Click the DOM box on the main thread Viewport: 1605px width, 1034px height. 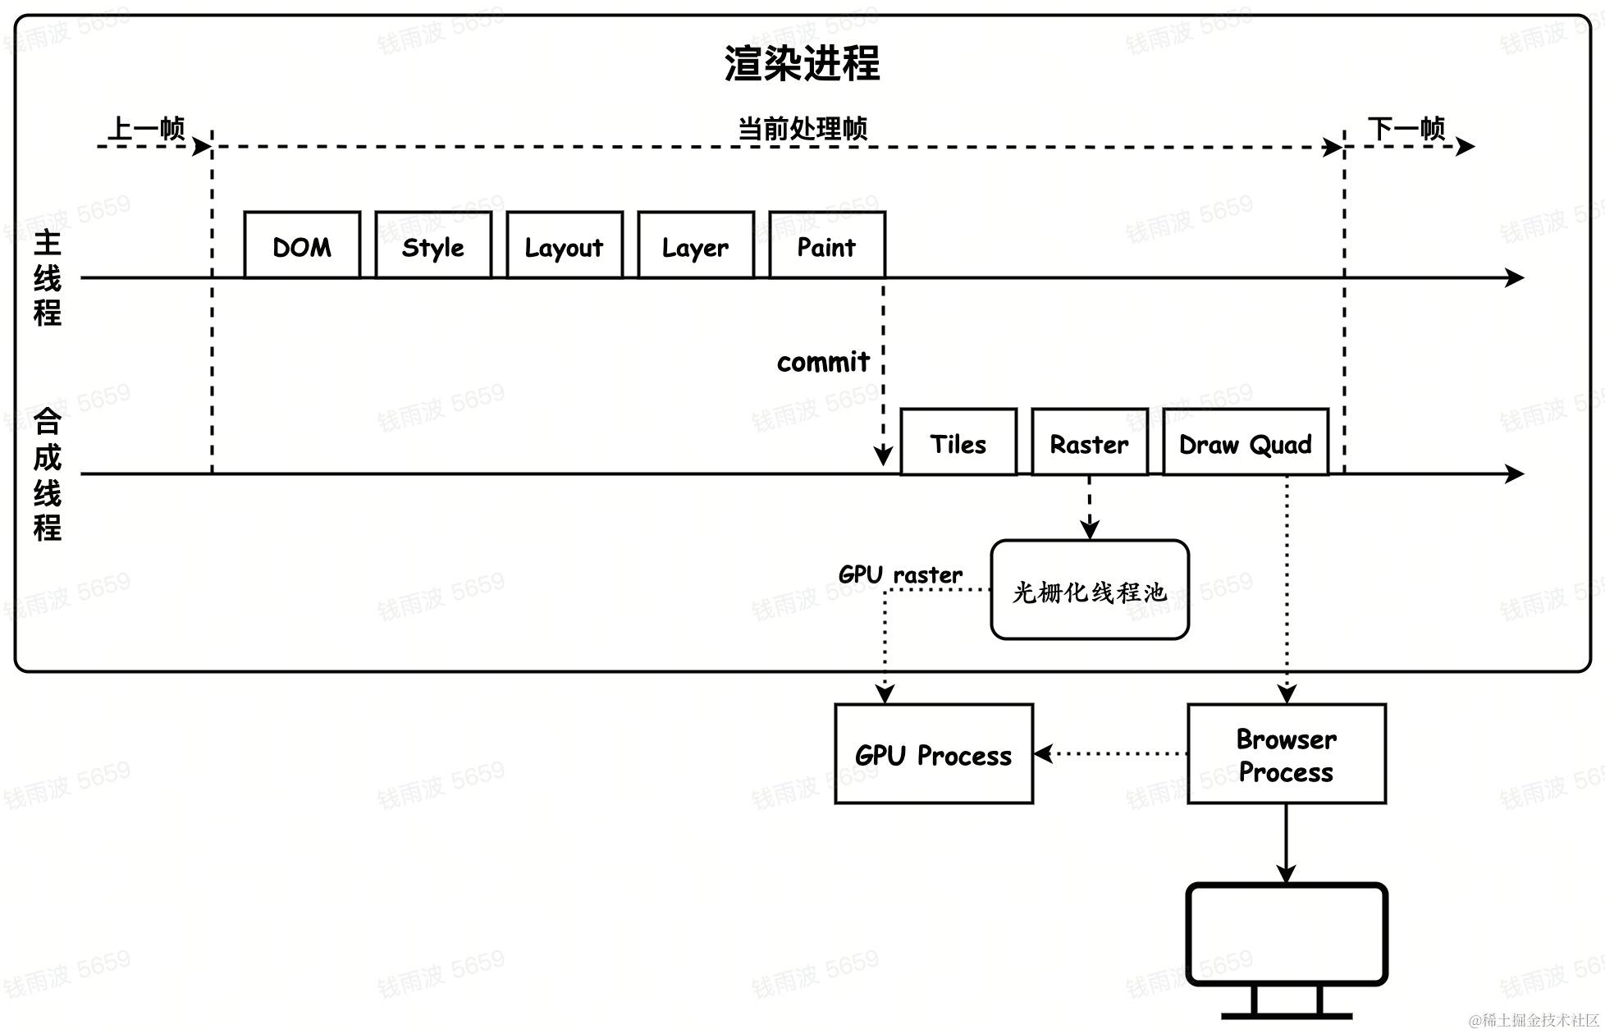tap(302, 245)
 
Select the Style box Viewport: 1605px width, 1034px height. tap(433, 245)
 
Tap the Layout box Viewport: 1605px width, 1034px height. tap(565, 245)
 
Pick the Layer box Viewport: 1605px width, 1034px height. tap(696, 245)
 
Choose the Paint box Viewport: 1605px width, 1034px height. tap(827, 245)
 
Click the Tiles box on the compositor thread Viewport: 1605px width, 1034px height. tap(958, 442)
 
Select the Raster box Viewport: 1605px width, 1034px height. tap(1090, 442)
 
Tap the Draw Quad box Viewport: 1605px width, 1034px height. tap(1246, 442)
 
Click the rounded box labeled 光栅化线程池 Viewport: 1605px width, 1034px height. tap(1090, 590)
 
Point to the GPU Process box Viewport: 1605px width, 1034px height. tap(934, 754)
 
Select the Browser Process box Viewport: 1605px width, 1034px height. tap(1287, 754)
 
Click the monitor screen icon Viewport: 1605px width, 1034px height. tap(1287, 935)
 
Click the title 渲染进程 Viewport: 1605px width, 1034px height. tap(802, 63)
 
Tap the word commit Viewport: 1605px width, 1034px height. tap(823, 362)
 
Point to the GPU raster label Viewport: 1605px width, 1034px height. tap(900, 574)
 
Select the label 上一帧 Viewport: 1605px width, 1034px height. tap(146, 128)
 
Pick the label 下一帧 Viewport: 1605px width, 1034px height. tap(1406, 128)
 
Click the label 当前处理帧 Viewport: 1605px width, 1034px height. tap(802, 128)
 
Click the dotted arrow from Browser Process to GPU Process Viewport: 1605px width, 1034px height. tap(1112, 753)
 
